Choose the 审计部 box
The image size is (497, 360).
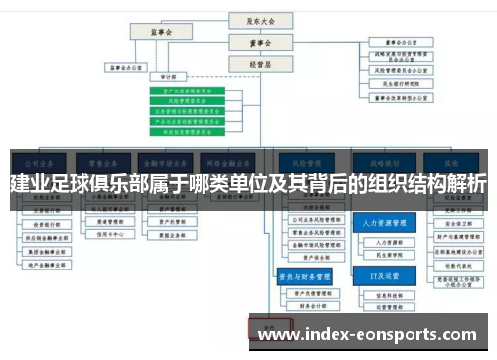tap(161, 76)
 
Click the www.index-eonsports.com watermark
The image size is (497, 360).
tap(368, 335)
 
